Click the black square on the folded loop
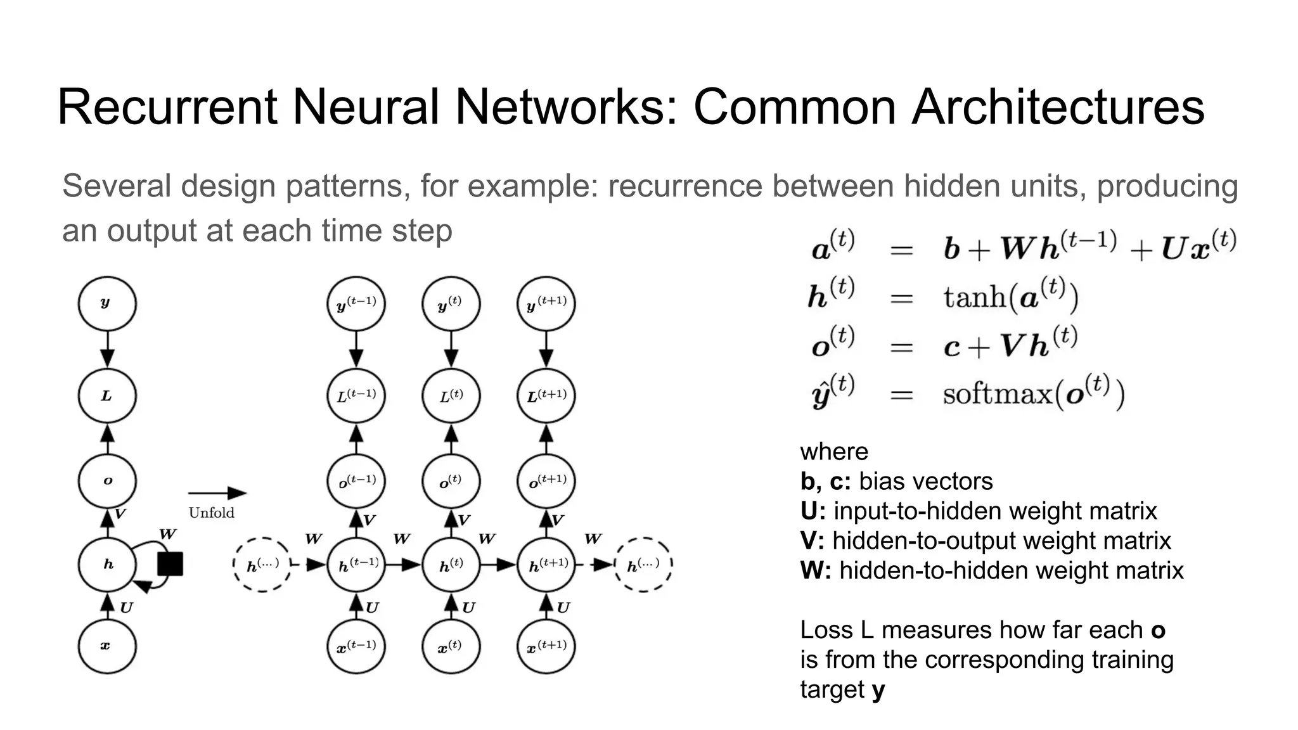click(170, 563)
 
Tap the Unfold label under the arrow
click(211, 513)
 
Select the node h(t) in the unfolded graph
click(451, 565)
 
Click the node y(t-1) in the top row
click(356, 304)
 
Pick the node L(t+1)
click(546, 395)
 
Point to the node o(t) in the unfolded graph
click(451, 482)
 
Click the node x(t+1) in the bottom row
click(546, 646)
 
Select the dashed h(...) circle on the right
click(643, 565)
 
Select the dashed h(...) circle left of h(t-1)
click(262, 565)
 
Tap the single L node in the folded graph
click(107, 395)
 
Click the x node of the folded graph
click(107, 646)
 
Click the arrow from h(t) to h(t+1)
click(498, 564)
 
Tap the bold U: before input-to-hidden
click(813, 511)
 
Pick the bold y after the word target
click(878, 689)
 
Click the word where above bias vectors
click(833, 452)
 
